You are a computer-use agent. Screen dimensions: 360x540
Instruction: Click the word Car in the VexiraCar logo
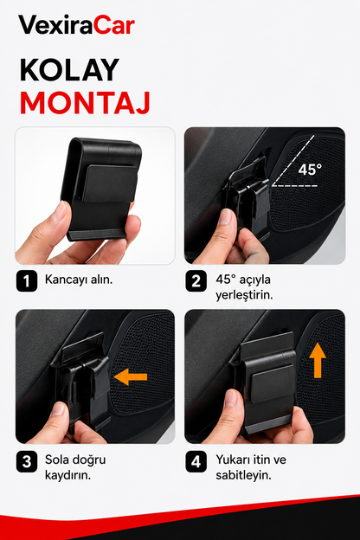coord(114,25)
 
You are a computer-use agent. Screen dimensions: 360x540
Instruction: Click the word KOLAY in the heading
coord(69,70)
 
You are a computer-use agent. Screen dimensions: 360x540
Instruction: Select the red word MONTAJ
coord(85,103)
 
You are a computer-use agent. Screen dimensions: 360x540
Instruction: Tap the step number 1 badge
coord(27,281)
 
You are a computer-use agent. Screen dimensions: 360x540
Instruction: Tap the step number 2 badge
coord(196,281)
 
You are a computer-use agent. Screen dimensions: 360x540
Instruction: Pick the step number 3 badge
coord(27,461)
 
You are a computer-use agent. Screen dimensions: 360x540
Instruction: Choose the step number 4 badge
coord(196,461)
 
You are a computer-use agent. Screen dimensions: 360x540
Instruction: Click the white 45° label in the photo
coord(310,170)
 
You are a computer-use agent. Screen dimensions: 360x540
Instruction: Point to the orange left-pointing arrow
coord(131,376)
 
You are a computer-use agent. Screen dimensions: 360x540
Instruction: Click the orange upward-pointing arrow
coord(318,361)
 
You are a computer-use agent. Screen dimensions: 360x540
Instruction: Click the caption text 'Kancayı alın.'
coord(79,280)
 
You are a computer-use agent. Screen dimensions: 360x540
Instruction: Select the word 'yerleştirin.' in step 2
coord(244,295)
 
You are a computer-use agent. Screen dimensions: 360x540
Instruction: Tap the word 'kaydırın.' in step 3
coord(67,476)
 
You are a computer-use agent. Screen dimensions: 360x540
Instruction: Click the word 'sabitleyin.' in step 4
coord(243,476)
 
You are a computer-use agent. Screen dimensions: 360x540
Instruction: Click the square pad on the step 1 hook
coord(110,183)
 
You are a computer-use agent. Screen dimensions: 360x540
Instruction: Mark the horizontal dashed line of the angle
coord(294,186)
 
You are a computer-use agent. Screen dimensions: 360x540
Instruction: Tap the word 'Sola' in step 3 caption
coord(57,460)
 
